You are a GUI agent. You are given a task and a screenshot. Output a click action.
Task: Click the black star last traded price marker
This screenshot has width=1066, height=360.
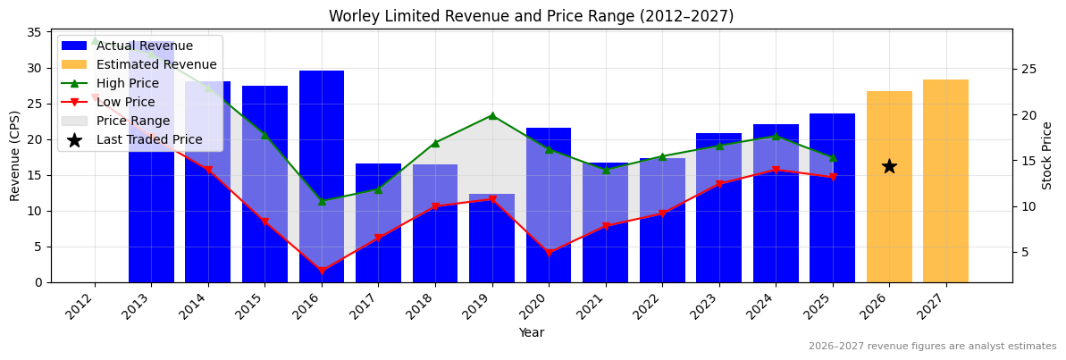click(x=889, y=166)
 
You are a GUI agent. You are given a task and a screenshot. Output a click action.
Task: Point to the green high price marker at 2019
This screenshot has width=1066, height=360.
click(x=492, y=115)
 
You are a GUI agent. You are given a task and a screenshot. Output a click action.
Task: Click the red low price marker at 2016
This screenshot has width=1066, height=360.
click(x=322, y=271)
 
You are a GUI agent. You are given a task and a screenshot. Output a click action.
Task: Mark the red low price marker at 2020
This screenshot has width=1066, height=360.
click(x=549, y=253)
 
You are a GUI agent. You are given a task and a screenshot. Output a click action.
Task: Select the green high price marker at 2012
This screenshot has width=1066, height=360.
click(x=95, y=40)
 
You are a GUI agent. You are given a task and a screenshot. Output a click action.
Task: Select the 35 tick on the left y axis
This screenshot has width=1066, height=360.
click(x=34, y=32)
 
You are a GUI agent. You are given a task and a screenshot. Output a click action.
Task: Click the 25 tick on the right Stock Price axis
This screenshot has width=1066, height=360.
click(x=1028, y=69)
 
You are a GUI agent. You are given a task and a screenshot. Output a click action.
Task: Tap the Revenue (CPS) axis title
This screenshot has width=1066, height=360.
click(x=15, y=155)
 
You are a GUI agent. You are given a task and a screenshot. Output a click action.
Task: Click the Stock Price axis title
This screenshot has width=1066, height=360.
click(x=1047, y=155)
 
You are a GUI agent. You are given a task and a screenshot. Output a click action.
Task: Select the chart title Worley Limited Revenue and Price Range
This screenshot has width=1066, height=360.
click(x=531, y=16)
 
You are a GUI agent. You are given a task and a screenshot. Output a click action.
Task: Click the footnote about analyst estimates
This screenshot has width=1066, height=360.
click(x=932, y=347)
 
